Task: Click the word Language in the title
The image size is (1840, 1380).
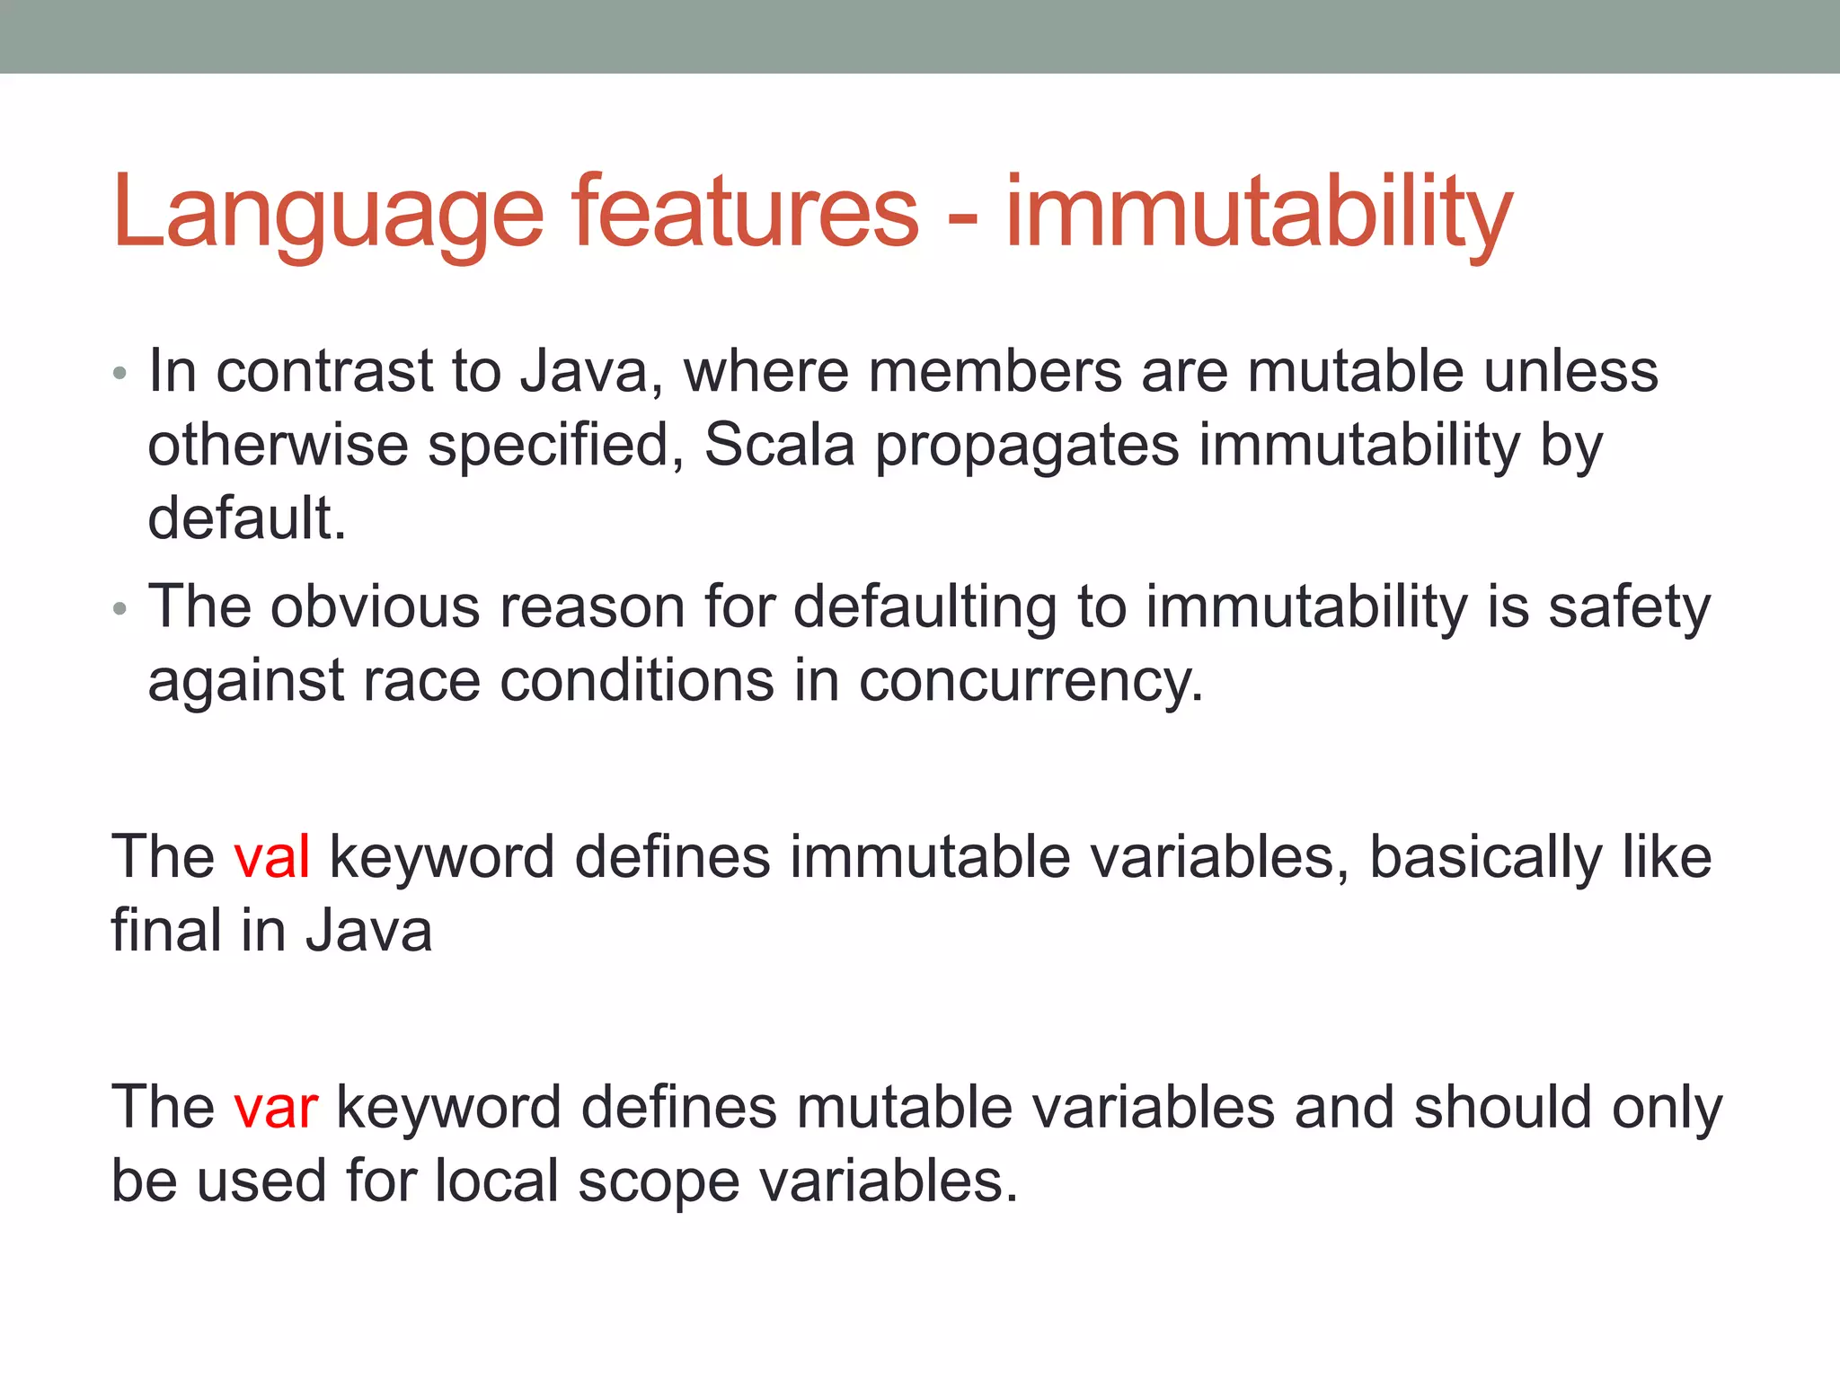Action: click(x=328, y=214)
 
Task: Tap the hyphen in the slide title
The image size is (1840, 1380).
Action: click(x=962, y=218)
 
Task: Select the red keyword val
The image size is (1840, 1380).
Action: click(x=272, y=856)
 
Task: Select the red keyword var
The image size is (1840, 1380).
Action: click(x=276, y=1107)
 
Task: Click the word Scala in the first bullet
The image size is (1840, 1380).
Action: click(x=779, y=445)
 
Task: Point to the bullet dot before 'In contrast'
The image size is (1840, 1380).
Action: click(x=120, y=374)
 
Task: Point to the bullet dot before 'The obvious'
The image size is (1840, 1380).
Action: click(x=120, y=610)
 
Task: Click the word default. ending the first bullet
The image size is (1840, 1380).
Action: click(x=247, y=518)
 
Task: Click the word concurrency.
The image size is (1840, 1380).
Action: click(x=1031, y=681)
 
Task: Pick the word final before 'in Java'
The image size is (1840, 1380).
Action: click(x=166, y=930)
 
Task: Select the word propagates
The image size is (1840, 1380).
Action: click(x=1026, y=447)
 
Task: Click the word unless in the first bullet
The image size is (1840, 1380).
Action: click(x=1570, y=371)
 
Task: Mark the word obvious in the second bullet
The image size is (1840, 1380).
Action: click(x=376, y=606)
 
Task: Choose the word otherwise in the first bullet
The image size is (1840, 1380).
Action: click(x=278, y=445)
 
